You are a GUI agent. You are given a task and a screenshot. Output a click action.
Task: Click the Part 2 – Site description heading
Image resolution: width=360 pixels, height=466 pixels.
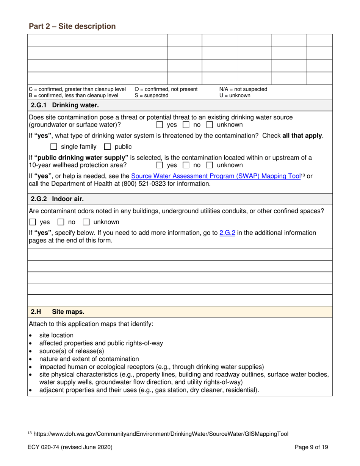click(x=72, y=26)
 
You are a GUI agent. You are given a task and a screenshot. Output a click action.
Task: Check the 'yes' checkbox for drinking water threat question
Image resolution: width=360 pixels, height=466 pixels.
click(x=160, y=125)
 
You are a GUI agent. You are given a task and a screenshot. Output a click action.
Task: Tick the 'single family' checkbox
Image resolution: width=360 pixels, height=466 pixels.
click(x=54, y=147)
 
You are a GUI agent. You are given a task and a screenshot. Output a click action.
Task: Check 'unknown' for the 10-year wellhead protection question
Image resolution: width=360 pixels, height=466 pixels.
click(x=210, y=165)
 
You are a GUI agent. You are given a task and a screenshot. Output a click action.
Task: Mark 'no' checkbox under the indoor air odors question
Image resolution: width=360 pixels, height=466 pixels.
click(x=61, y=222)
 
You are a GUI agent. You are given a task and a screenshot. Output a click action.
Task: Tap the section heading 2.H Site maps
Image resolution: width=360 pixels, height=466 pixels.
click(x=58, y=312)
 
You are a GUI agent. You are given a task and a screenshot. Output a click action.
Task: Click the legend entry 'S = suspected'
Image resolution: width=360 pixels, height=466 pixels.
click(x=151, y=95)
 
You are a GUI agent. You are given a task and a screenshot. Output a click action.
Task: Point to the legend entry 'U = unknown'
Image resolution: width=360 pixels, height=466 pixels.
click(x=235, y=95)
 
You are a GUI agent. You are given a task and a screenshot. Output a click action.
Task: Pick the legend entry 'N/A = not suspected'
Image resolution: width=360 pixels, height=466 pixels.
click(x=243, y=89)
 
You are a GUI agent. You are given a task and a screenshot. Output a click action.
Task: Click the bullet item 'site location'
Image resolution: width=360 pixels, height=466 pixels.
click(x=56, y=335)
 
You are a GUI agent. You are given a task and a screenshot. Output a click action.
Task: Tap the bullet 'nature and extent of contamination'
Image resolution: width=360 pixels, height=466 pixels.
click(x=89, y=359)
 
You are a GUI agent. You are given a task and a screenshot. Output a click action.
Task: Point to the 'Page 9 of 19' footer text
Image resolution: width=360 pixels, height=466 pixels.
click(x=311, y=447)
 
